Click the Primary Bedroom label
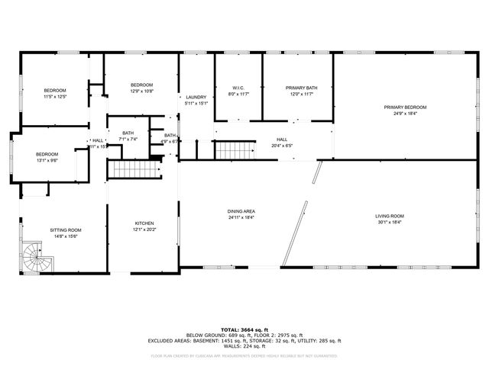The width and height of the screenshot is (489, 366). (x=405, y=107)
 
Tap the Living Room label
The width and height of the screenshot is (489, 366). (x=390, y=216)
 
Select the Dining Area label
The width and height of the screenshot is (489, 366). (x=241, y=210)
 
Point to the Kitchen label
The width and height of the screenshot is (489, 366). (x=144, y=223)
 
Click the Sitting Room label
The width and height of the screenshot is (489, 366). (x=66, y=230)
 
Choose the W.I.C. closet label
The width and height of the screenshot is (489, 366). (x=238, y=88)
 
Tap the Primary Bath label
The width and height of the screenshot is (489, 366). (x=301, y=88)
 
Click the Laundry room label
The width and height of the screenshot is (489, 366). (x=196, y=97)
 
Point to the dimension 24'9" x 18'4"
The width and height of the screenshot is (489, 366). (x=405, y=113)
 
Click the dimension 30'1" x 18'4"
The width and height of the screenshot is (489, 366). (x=390, y=223)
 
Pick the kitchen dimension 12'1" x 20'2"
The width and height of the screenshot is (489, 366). (x=144, y=230)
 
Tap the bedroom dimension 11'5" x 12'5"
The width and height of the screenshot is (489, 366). (x=55, y=97)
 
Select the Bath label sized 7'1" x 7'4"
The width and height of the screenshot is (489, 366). (x=128, y=133)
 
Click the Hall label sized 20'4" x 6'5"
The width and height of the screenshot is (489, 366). (x=282, y=139)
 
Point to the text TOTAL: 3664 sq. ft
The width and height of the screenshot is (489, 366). (x=244, y=328)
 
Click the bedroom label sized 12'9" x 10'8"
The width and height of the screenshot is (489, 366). (x=142, y=84)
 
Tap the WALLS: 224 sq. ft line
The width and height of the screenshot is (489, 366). (x=244, y=347)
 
